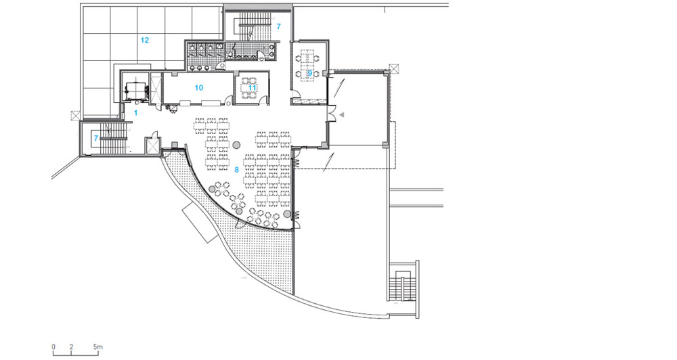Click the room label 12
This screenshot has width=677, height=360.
point(145,40)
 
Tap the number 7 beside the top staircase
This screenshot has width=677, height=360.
point(278,27)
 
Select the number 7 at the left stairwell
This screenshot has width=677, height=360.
point(96,139)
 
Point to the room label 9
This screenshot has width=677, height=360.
point(309,73)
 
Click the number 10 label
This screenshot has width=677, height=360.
point(198,87)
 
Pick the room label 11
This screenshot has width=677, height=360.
point(252,87)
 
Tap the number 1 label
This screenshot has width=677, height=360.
point(135,113)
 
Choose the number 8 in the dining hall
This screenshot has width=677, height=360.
point(236,170)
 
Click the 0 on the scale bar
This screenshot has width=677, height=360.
point(53,347)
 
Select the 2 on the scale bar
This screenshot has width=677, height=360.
point(71,347)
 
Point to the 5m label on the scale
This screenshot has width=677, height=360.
point(97,347)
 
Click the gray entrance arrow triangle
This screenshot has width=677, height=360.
point(341,115)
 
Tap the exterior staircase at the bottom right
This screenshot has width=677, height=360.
point(403,287)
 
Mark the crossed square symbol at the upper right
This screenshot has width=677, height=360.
point(394,68)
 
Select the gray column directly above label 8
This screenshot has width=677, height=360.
point(236,145)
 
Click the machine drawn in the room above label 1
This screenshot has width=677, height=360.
point(137,90)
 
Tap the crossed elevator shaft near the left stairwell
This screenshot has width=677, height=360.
point(153,145)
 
